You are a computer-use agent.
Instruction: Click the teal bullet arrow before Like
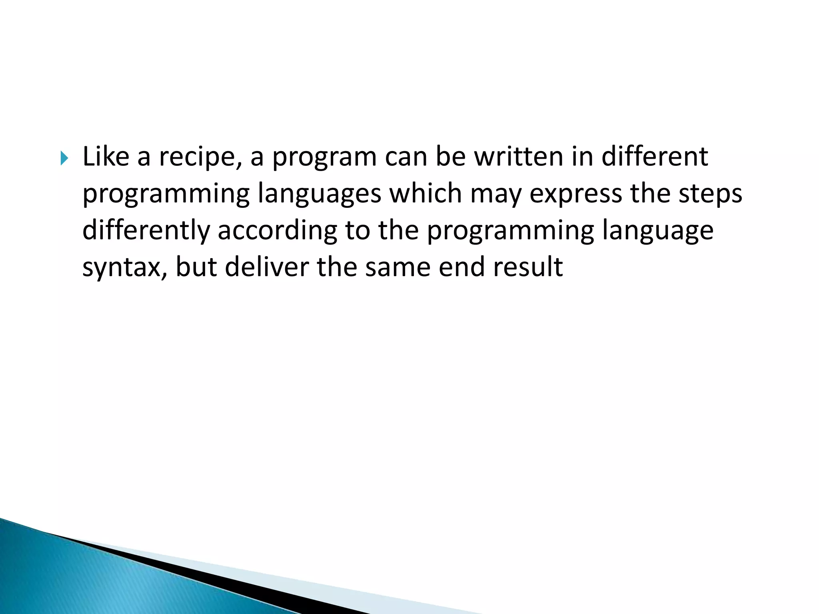tap(64, 158)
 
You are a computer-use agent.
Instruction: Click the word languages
tap(319, 194)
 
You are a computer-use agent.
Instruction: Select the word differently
tap(146, 231)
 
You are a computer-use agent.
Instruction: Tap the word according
tap(277, 231)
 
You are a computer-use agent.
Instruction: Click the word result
tap(528, 267)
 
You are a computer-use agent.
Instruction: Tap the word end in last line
tap(461, 267)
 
